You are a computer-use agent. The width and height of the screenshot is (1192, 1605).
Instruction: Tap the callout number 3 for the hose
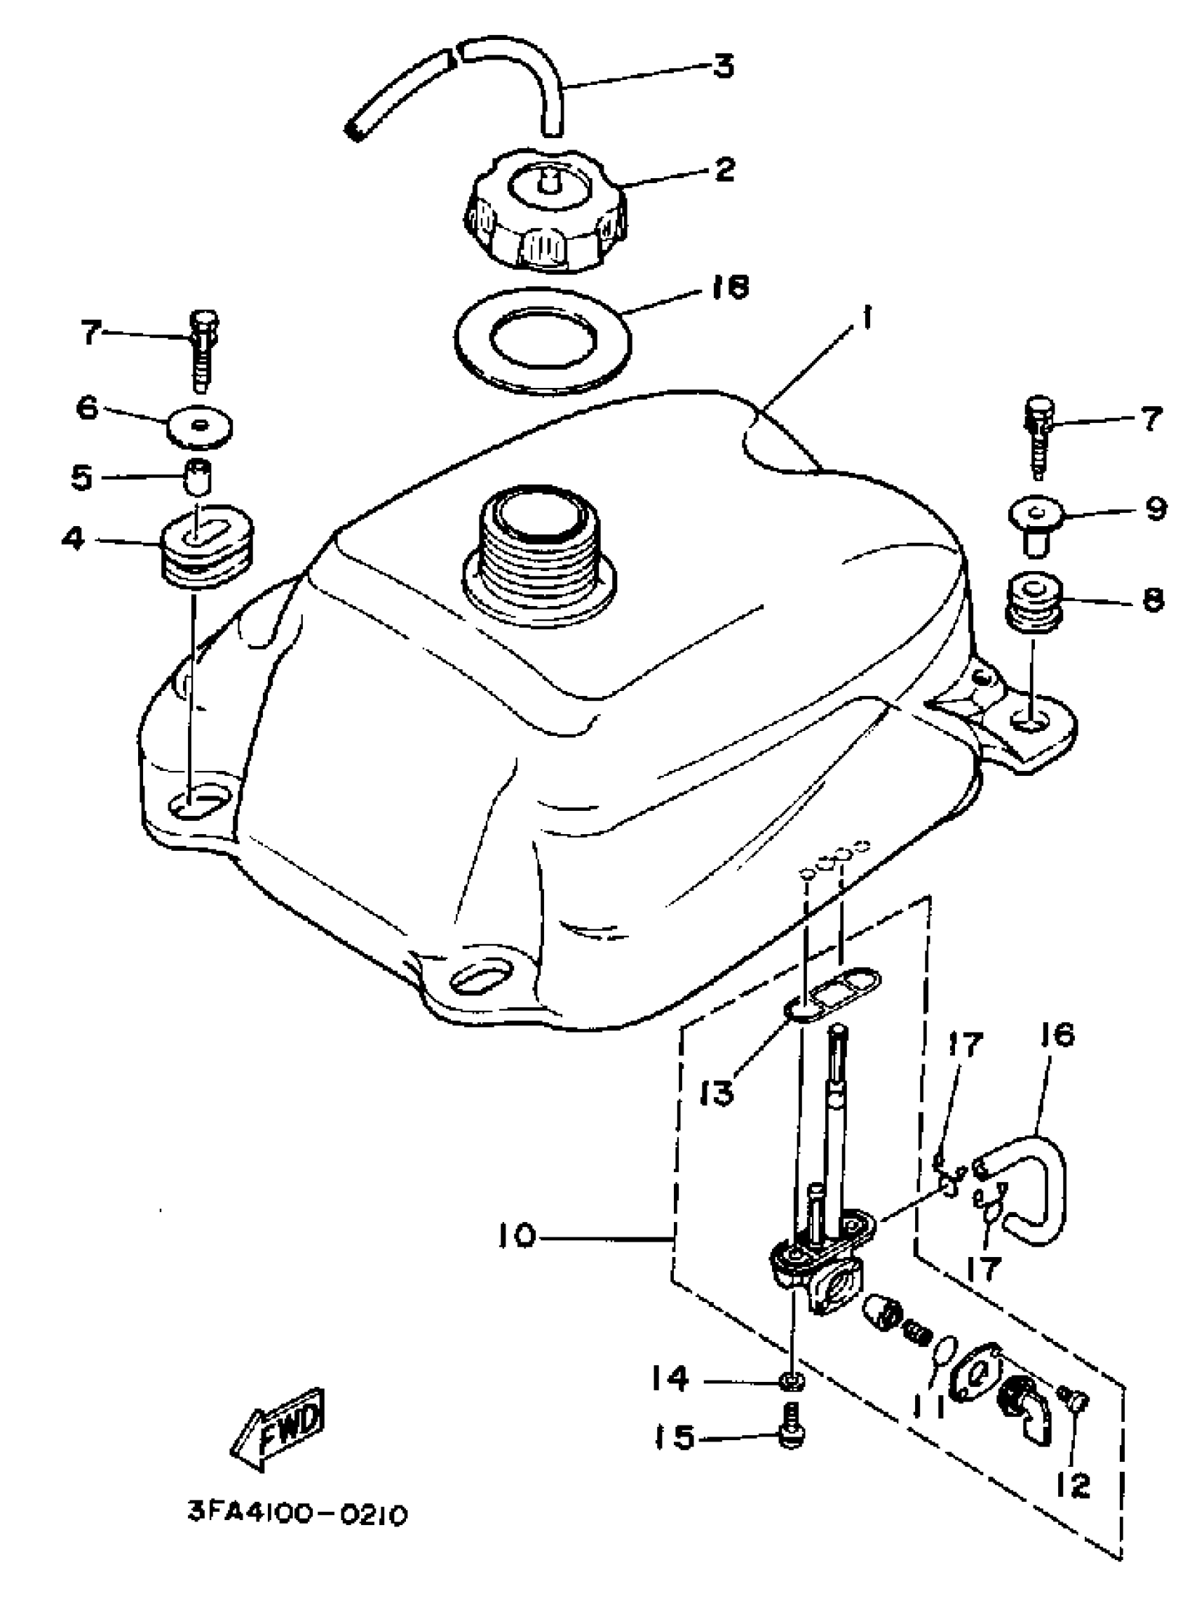point(722,66)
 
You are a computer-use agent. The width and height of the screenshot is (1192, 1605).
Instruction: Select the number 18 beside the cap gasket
point(725,287)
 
